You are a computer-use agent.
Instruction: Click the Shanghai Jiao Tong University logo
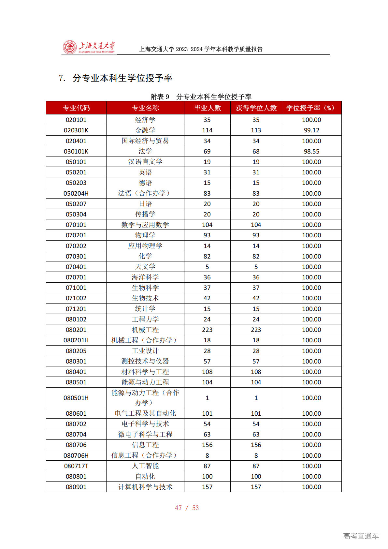(x=89, y=48)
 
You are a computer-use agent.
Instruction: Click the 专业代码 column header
(x=76, y=108)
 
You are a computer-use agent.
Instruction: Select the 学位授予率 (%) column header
(x=311, y=108)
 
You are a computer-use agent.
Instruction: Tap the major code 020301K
(x=76, y=130)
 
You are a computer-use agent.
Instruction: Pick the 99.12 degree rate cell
(x=311, y=130)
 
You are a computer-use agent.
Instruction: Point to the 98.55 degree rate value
(x=311, y=152)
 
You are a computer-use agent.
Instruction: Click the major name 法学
(x=145, y=151)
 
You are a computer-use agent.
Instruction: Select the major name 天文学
(x=145, y=267)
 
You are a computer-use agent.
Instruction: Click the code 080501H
(x=76, y=398)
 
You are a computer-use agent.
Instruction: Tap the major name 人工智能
(x=145, y=466)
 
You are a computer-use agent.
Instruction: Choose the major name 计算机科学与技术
(x=145, y=487)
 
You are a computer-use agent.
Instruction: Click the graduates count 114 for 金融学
(x=207, y=130)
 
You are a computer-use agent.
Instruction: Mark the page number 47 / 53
(x=187, y=508)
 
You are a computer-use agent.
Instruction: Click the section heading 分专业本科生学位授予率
(x=122, y=78)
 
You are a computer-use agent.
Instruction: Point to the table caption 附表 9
(x=160, y=97)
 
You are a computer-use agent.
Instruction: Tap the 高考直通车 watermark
(x=361, y=536)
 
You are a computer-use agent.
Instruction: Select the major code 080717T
(x=76, y=466)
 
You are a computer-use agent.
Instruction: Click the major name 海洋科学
(x=145, y=277)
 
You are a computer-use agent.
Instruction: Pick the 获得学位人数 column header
(x=256, y=108)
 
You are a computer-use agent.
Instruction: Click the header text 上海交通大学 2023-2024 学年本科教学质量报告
(x=201, y=49)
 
